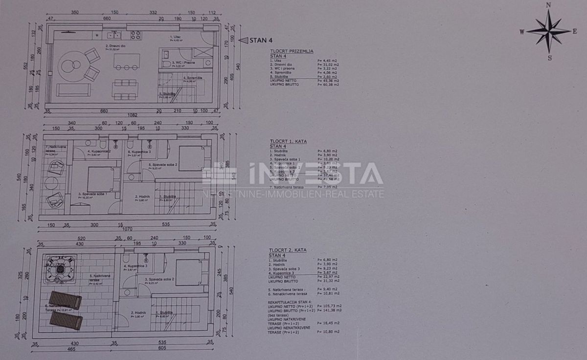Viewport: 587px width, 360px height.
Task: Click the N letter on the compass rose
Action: pyautogui.click(x=549, y=5)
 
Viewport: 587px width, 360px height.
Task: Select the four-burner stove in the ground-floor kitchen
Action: pyautogui.click(x=135, y=35)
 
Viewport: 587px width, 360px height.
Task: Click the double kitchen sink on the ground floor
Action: pyautogui.click(x=114, y=35)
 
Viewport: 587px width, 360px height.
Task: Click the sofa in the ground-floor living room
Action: pyautogui.click(x=73, y=90)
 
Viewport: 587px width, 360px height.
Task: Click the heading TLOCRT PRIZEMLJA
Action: pyautogui.click(x=292, y=51)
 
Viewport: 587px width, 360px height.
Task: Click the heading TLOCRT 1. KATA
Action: pyautogui.click(x=288, y=141)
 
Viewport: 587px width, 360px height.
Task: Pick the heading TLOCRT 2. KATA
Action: pyautogui.click(x=288, y=249)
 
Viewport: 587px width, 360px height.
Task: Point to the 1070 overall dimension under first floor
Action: pyautogui.click(x=127, y=228)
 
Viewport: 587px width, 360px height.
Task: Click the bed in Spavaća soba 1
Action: pyautogui.click(x=101, y=180)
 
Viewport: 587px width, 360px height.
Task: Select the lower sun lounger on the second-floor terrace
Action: pyautogui.click(x=66, y=320)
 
